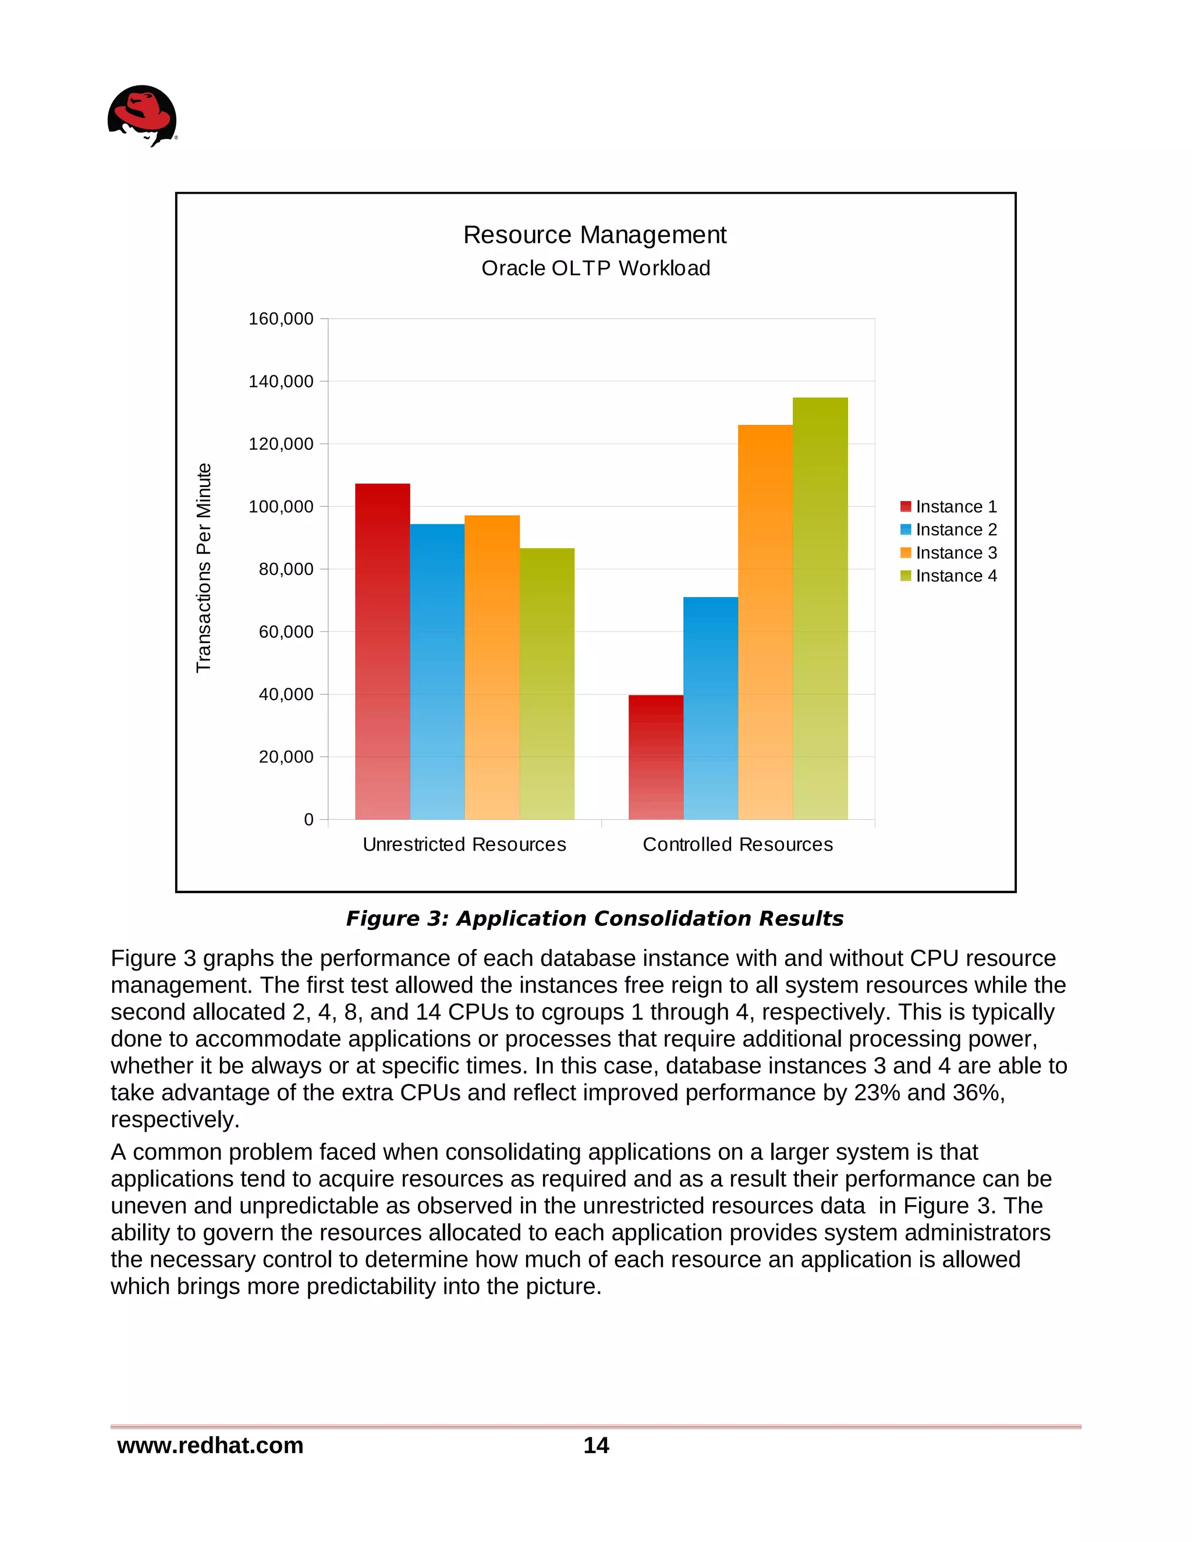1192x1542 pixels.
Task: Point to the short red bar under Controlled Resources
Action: tap(655, 757)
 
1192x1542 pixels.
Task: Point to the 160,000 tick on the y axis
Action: tap(281, 318)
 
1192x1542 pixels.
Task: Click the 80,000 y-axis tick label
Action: tap(285, 569)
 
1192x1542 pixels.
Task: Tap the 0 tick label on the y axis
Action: tap(308, 820)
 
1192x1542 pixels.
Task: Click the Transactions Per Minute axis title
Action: tap(203, 568)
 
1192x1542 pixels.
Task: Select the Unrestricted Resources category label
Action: tap(464, 844)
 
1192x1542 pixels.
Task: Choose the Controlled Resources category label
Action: tap(737, 844)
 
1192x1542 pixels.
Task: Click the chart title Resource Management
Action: tap(595, 235)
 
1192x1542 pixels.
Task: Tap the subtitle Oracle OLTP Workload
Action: tap(595, 268)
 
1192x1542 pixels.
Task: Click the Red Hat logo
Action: tap(142, 116)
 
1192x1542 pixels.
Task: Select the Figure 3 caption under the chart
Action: tap(595, 919)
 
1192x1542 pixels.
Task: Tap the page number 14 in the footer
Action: tap(596, 1445)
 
